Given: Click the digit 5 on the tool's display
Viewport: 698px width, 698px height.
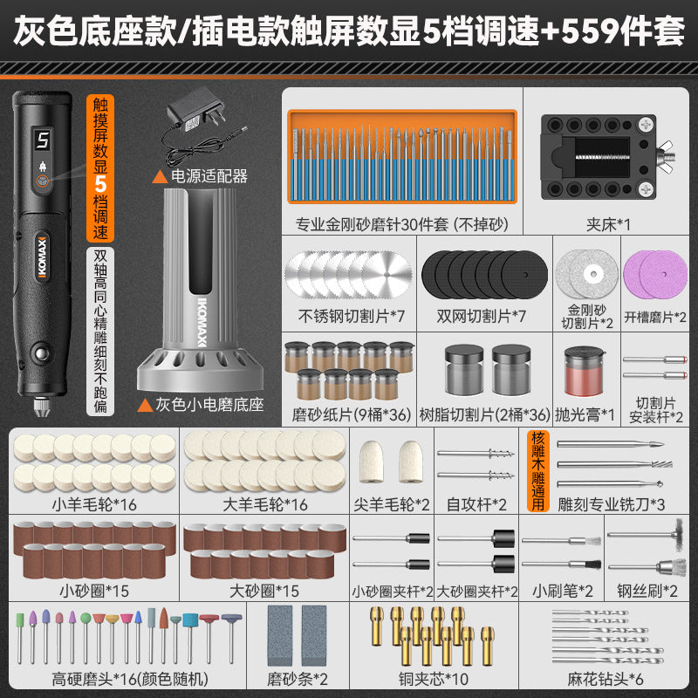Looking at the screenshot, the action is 43,140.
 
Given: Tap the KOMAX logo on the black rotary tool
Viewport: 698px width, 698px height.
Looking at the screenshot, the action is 42,257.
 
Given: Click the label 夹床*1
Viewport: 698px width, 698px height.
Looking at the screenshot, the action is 608,224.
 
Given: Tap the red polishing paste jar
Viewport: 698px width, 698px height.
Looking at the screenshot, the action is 584,372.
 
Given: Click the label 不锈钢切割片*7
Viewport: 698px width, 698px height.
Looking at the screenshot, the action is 352,316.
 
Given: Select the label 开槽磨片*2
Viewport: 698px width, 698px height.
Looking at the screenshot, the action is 655,317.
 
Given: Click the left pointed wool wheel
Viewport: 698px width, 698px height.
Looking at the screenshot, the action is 372,462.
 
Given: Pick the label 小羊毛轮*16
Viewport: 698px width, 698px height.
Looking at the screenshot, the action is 94,504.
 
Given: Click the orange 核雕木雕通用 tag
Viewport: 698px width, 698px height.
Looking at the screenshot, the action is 537,470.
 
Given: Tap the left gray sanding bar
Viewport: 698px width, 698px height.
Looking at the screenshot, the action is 280,636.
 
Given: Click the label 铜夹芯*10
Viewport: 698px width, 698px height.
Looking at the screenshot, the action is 433,679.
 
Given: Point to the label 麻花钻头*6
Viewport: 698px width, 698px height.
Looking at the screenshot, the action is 605,679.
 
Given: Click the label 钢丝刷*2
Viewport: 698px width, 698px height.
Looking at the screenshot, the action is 647,591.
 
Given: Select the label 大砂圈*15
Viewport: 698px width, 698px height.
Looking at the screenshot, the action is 264,591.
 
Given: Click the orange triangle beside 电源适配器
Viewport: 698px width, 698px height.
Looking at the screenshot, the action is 160,177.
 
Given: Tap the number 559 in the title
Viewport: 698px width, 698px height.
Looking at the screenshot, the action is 594,31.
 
